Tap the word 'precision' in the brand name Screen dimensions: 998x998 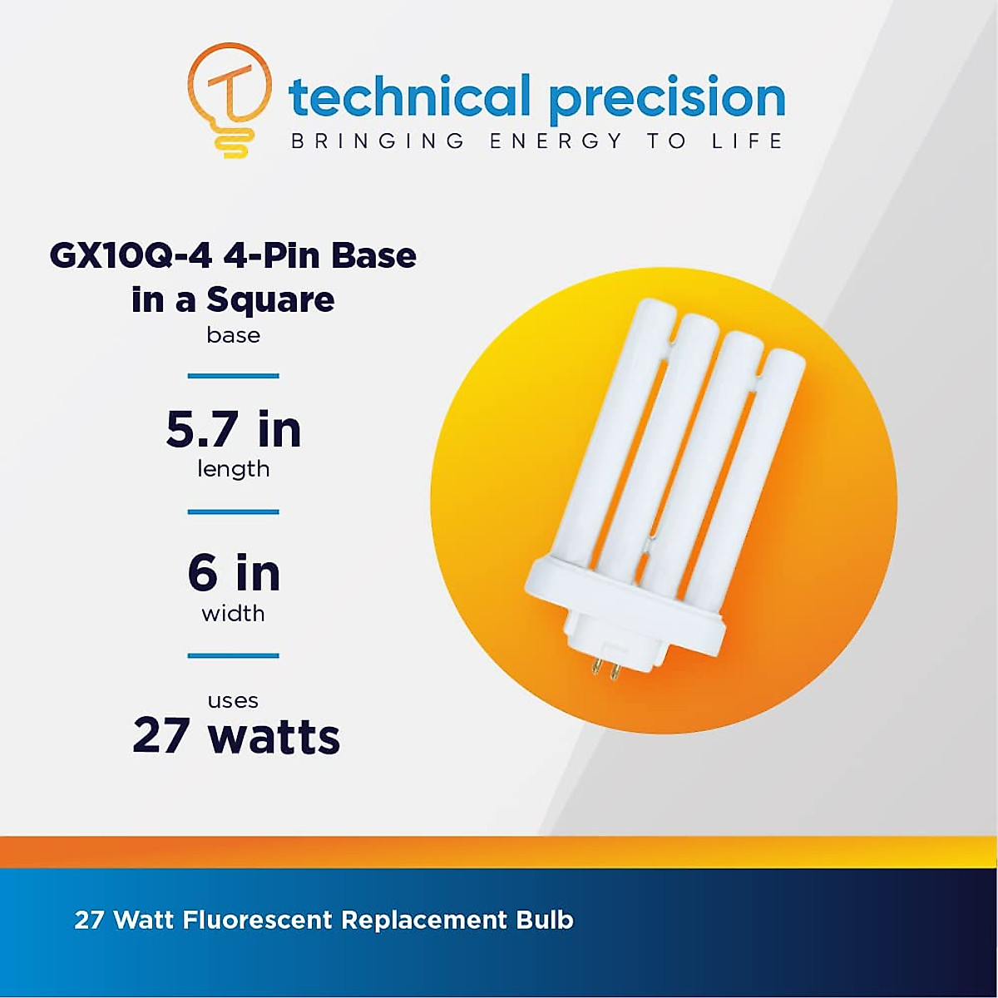click(x=667, y=101)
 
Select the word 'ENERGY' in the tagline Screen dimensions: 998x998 click(x=556, y=141)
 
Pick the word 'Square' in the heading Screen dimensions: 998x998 click(x=270, y=300)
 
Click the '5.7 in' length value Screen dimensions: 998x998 click(x=234, y=429)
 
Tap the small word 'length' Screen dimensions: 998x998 click(x=234, y=470)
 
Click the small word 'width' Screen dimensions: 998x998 click(x=233, y=614)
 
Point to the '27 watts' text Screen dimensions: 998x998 click(x=236, y=737)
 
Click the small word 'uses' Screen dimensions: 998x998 click(x=233, y=701)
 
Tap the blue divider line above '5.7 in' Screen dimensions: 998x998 click(x=233, y=375)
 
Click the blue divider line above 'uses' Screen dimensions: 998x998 click(x=233, y=655)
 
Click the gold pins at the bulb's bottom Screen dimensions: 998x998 click(x=607, y=670)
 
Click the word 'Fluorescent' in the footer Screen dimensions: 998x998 click(x=257, y=920)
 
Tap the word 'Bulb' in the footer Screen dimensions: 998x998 click(x=544, y=920)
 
